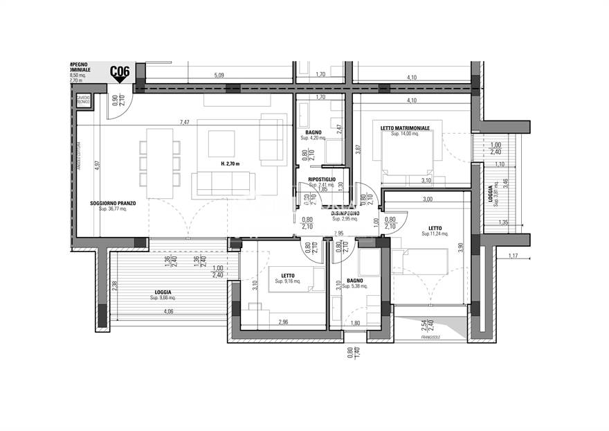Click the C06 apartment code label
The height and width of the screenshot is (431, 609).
(120, 71)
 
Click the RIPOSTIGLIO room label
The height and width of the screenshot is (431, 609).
(322, 179)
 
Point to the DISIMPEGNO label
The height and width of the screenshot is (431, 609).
(345, 213)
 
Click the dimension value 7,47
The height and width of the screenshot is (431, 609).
(184, 123)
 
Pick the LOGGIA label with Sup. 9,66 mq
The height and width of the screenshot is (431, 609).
(163, 292)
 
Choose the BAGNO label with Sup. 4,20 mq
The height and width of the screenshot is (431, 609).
(313, 132)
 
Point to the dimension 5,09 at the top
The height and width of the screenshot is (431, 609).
(219, 75)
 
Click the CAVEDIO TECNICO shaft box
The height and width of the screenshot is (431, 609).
(84, 101)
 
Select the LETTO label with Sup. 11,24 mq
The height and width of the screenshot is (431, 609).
(435, 229)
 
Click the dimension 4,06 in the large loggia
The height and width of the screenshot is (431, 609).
(168, 312)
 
